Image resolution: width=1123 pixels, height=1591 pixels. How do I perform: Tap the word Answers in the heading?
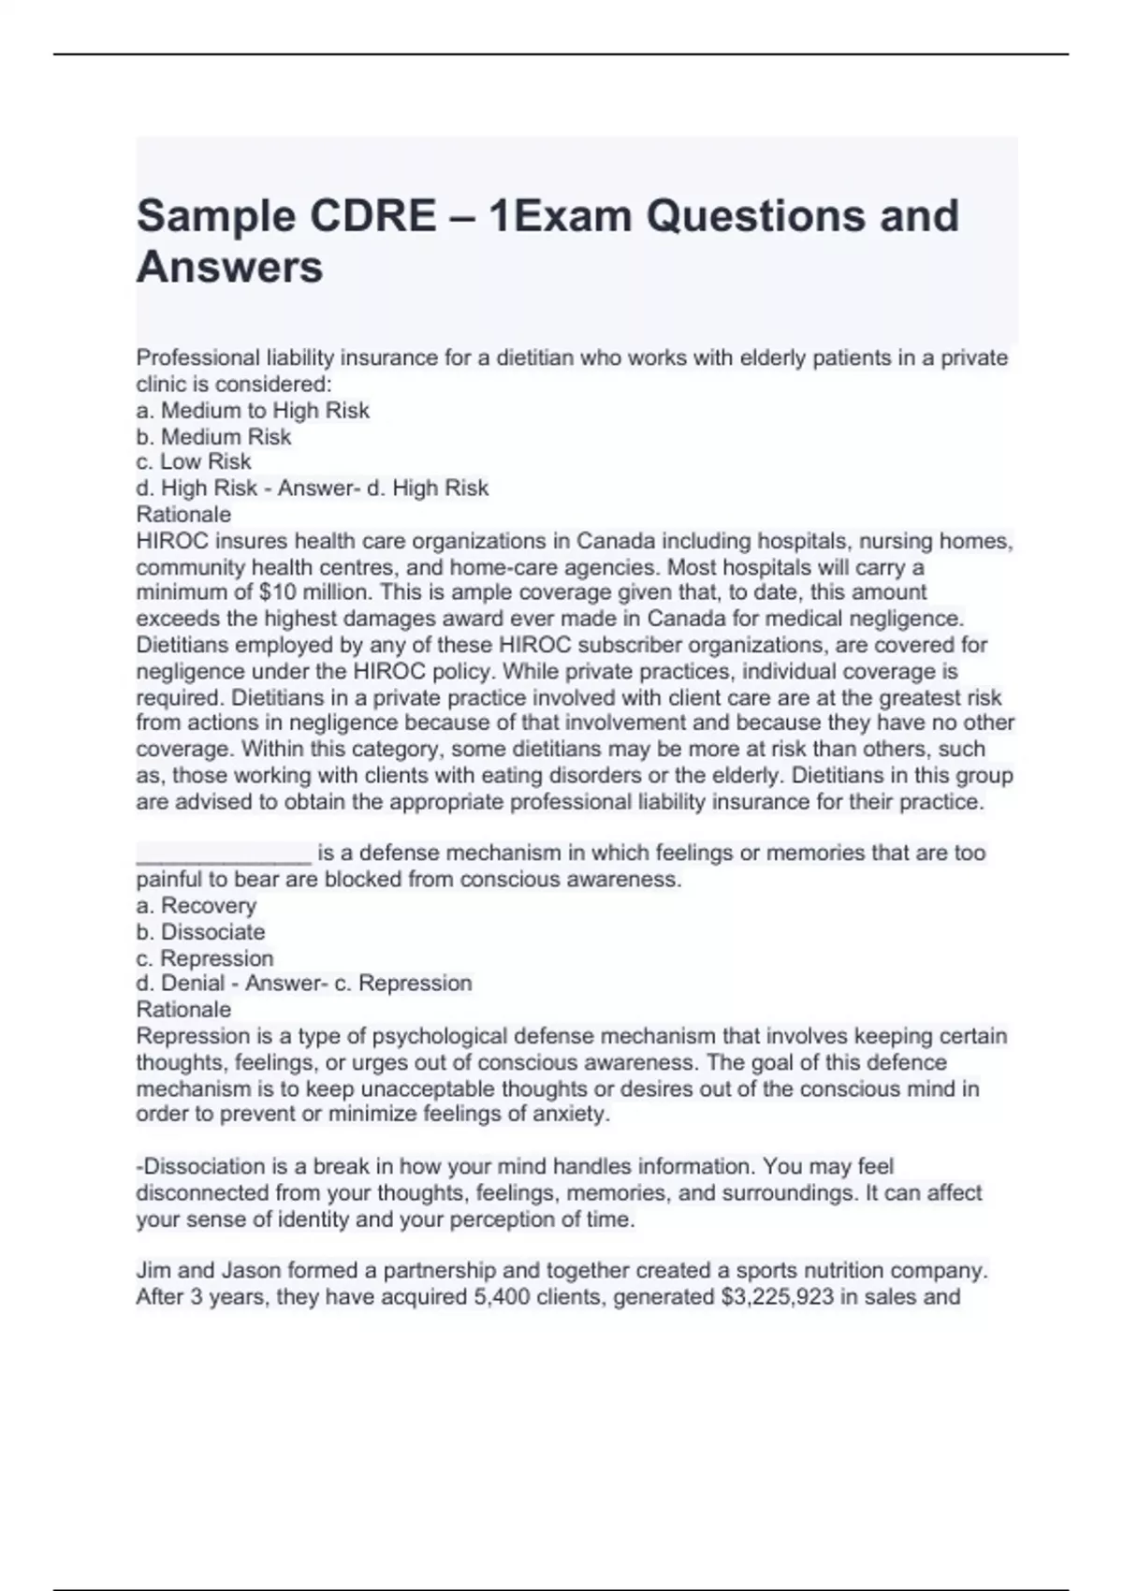[229, 268]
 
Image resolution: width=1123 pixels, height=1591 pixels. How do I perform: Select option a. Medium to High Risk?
[253, 411]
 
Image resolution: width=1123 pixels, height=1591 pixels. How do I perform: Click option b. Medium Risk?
[213, 437]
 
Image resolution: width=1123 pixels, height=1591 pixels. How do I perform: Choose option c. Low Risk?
[194, 462]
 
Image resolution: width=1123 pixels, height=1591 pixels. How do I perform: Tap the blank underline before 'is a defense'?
[223, 854]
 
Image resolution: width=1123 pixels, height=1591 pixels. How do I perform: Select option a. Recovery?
[196, 906]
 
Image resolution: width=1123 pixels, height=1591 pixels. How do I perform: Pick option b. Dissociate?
[200, 932]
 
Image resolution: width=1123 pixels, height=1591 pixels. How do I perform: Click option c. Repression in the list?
[204, 958]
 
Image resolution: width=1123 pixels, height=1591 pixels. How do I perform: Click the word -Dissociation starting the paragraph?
[200, 1167]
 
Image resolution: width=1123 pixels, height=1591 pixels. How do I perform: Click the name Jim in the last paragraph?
[153, 1271]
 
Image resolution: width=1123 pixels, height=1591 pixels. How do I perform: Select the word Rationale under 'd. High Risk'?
[183, 515]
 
